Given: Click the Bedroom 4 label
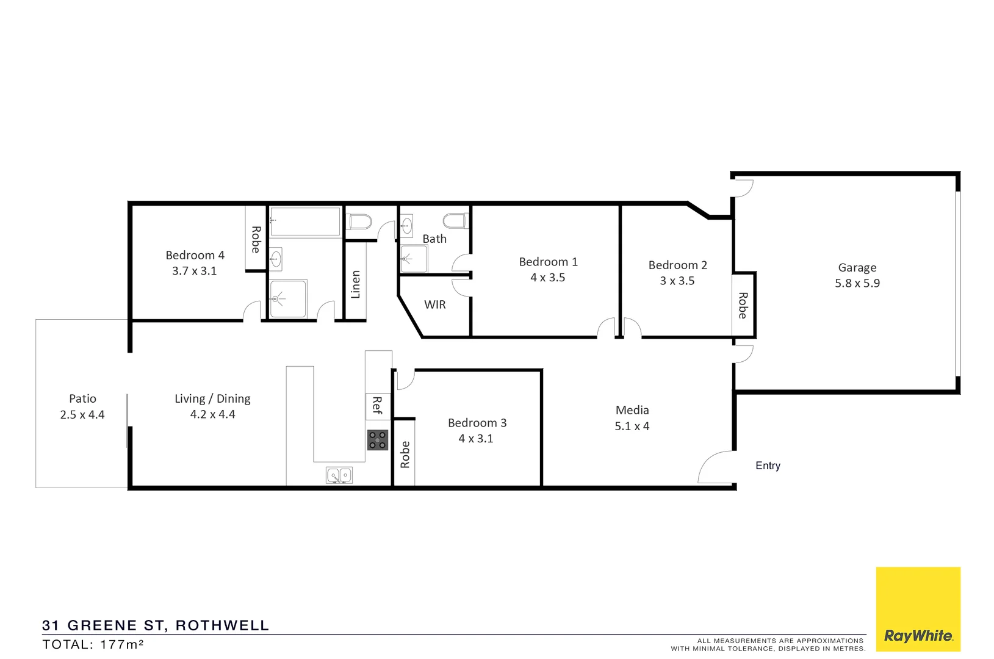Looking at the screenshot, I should pyautogui.click(x=195, y=255).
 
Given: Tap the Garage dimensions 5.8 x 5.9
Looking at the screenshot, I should pyautogui.click(x=857, y=283).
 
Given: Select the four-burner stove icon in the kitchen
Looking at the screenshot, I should pyautogui.click(x=378, y=440).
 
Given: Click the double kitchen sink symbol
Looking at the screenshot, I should pyautogui.click(x=339, y=475).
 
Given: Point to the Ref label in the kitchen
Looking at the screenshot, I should pyautogui.click(x=377, y=406).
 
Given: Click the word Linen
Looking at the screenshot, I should pyautogui.click(x=356, y=284).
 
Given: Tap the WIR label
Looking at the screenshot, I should pyautogui.click(x=435, y=304).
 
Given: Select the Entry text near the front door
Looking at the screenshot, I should pyautogui.click(x=768, y=466).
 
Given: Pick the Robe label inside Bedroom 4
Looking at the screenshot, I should pyautogui.click(x=256, y=239).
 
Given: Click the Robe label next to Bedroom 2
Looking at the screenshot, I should pyautogui.click(x=743, y=305).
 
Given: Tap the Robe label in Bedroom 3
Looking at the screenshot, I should pyautogui.click(x=405, y=455).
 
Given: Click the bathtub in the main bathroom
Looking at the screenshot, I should pyautogui.click(x=305, y=221).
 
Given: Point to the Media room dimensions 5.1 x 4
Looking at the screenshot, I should pyautogui.click(x=632, y=426).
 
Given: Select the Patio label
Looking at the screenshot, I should pyautogui.click(x=82, y=398).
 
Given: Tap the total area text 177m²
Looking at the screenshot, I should pyautogui.click(x=122, y=644).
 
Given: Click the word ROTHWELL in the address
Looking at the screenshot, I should pyautogui.click(x=222, y=625).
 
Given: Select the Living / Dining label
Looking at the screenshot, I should pyautogui.click(x=212, y=398).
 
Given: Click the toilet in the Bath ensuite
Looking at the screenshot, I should pyautogui.click(x=455, y=220).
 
